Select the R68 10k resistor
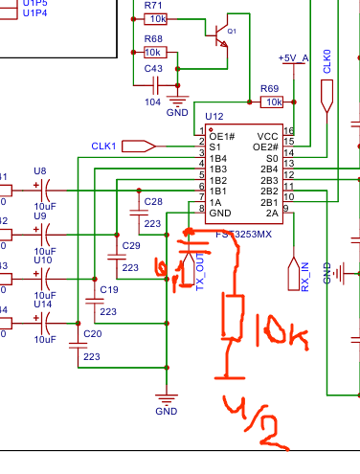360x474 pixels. [154, 52]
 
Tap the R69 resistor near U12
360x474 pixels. [273, 102]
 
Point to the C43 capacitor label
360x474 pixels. [153, 69]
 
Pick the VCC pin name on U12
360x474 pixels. [268, 136]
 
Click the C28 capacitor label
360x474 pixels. [152, 201]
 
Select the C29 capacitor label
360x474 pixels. [131, 245]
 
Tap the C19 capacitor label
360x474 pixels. [108, 288]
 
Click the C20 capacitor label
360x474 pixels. [92, 333]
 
